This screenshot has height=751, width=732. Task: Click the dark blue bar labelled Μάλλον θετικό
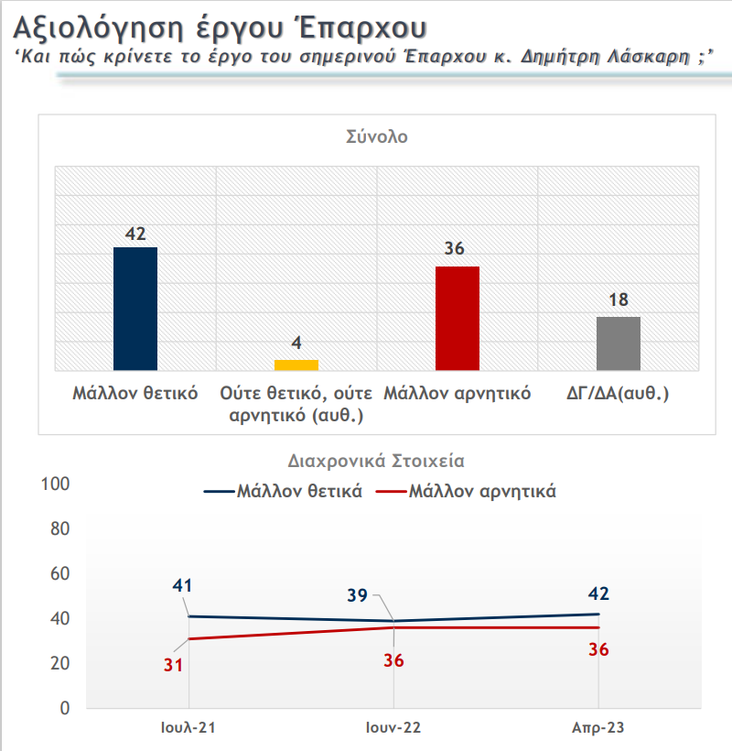point(135,309)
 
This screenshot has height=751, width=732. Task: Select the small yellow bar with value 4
point(296,365)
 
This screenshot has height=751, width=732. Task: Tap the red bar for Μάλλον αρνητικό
point(457,318)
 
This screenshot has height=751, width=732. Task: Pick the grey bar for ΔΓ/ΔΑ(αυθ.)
point(619,343)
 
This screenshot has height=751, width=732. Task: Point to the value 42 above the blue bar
point(135,233)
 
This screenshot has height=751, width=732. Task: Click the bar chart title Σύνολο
point(376,138)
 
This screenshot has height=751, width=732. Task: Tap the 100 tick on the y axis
point(57,484)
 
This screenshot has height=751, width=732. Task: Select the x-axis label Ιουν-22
point(393,728)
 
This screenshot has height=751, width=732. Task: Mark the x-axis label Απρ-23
point(598,728)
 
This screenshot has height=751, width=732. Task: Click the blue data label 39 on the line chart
point(358,595)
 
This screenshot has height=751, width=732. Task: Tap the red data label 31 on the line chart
point(174,665)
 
